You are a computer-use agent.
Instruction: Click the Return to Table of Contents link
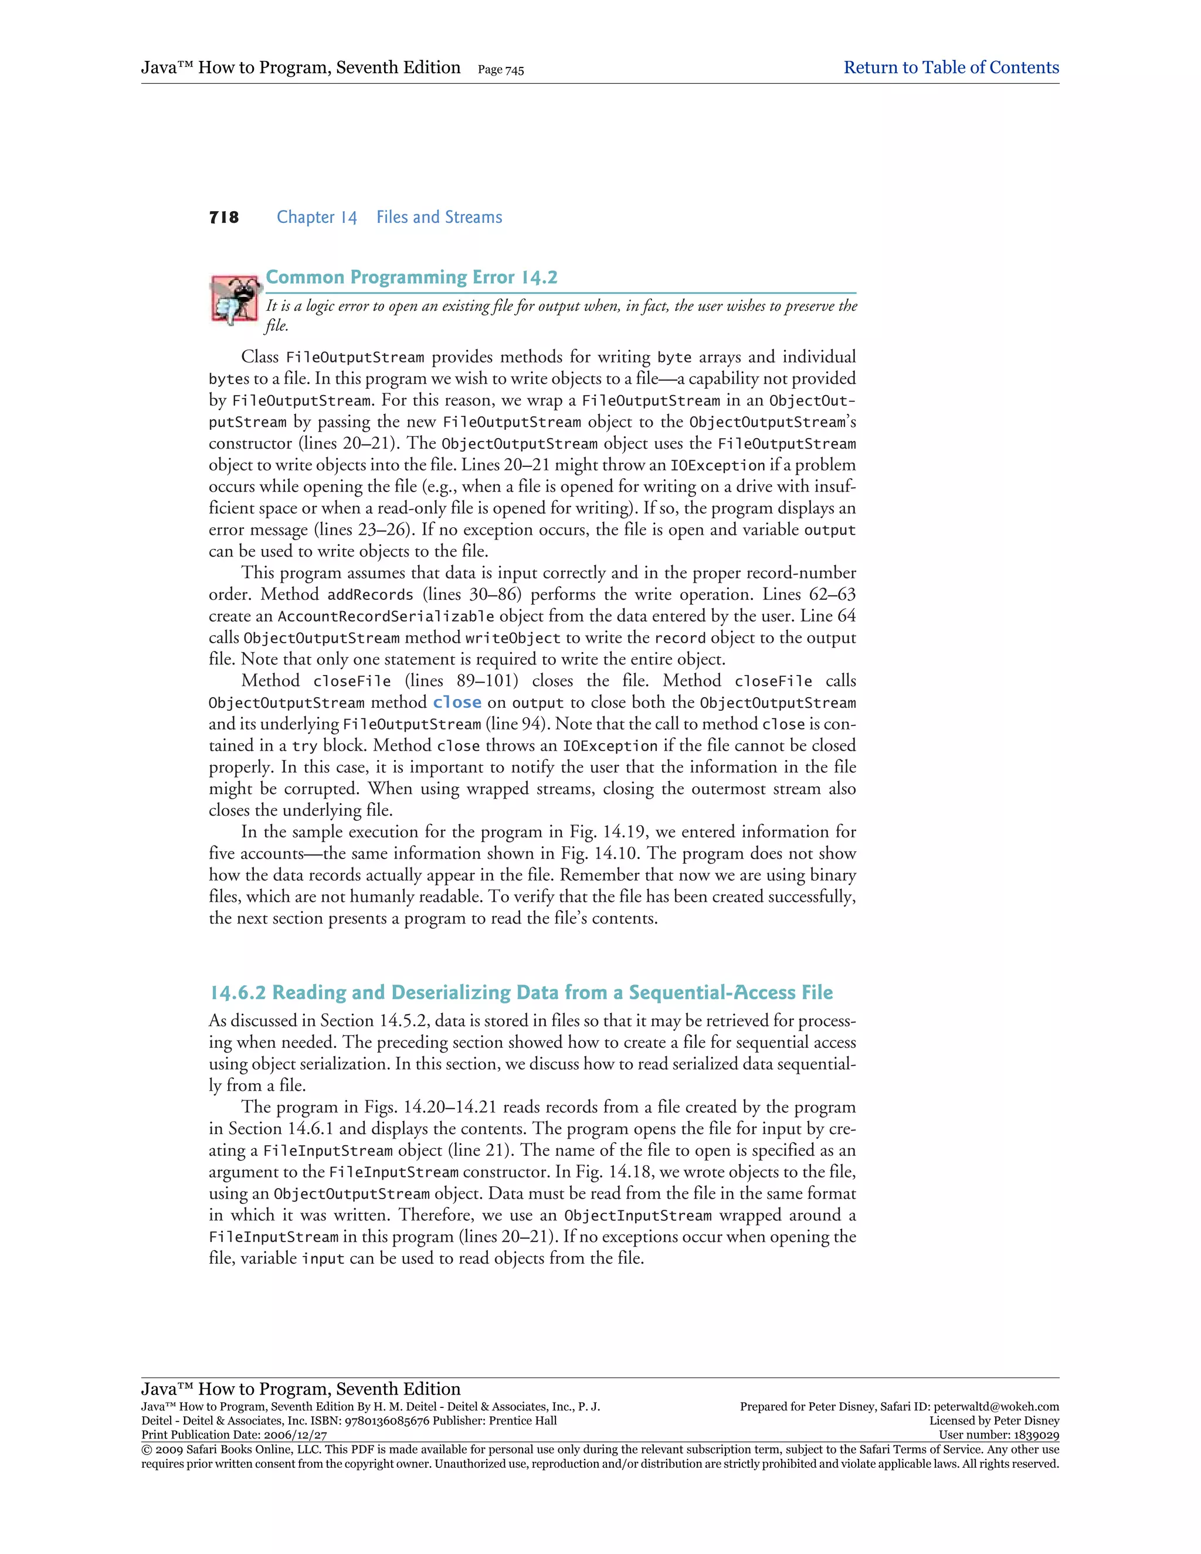click(x=951, y=67)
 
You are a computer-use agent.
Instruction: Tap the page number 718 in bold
click(x=224, y=218)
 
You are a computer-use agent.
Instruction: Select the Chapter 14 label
click(x=317, y=218)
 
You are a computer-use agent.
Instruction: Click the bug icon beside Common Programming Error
click(x=233, y=299)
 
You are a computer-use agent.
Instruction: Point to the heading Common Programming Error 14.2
click(x=411, y=277)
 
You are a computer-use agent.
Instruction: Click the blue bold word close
click(x=457, y=703)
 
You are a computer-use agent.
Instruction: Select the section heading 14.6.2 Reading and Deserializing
click(x=520, y=993)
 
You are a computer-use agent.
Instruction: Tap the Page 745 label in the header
click(x=501, y=70)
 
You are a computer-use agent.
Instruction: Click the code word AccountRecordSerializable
click(x=386, y=617)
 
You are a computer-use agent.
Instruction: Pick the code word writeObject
click(x=513, y=638)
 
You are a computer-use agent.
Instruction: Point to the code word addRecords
click(x=370, y=595)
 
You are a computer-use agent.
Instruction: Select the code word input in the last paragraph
click(x=323, y=1258)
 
